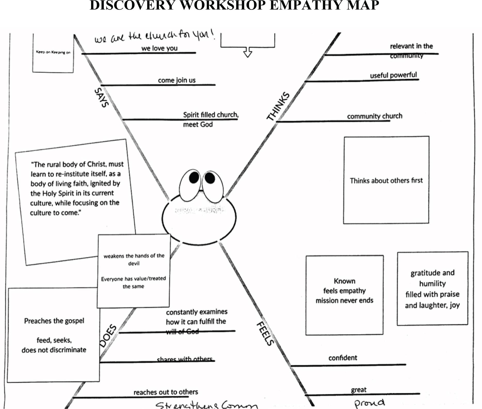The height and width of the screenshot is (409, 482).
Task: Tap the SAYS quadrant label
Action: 101,98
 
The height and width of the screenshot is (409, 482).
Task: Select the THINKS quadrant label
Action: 278,106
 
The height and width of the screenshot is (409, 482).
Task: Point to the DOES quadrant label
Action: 108,336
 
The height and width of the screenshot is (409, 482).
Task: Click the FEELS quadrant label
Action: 265,334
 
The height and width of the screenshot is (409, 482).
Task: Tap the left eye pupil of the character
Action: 194,177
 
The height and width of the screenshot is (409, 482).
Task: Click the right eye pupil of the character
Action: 210,178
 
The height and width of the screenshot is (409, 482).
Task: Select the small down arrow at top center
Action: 248,52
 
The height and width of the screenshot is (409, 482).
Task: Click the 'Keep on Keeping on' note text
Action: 53,52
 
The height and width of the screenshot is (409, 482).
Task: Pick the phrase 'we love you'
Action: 159,48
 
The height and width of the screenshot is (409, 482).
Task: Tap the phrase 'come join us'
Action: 177,80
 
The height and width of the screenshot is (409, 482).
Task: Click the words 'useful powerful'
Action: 393,75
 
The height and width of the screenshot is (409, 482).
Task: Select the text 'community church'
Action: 375,116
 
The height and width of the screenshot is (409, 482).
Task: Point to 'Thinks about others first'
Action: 386,181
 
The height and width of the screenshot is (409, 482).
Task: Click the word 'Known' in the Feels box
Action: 344,281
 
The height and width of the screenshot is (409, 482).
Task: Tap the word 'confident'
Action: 343,358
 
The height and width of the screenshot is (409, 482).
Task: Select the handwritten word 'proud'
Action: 369,403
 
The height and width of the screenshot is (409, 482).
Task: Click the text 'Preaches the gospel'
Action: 54,321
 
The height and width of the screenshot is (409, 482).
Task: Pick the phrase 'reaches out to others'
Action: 166,392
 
